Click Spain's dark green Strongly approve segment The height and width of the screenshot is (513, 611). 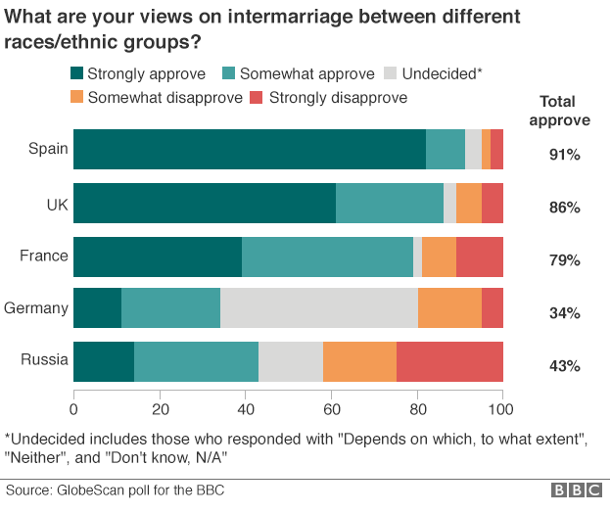[x=250, y=149]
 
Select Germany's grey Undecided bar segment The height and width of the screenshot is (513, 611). [x=319, y=307]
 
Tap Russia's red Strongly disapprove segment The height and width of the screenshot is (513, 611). [x=449, y=360]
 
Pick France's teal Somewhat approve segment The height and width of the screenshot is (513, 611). [x=327, y=255]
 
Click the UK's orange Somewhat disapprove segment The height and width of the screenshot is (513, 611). [x=469, y=202]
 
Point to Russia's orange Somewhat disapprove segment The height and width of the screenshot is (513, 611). [x=359, y=360]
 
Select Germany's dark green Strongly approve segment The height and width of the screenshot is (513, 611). [x=97, y=307]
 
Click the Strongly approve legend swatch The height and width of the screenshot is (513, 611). [x=76, y=73]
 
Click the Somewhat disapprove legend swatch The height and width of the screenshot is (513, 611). [x=76, y=97]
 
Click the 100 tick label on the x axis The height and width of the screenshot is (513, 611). [x=502, y=409]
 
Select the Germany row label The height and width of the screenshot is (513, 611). [x=36, y=307]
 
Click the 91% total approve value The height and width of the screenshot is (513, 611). [x=565, y=155]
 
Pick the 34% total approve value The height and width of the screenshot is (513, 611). [x=565, y=313]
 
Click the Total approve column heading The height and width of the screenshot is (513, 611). [x=559, y=111]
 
